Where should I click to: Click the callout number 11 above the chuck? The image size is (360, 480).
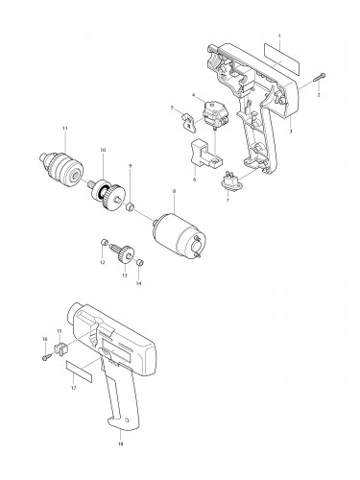point(64,128)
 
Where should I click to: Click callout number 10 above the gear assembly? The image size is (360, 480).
point(103,150)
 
